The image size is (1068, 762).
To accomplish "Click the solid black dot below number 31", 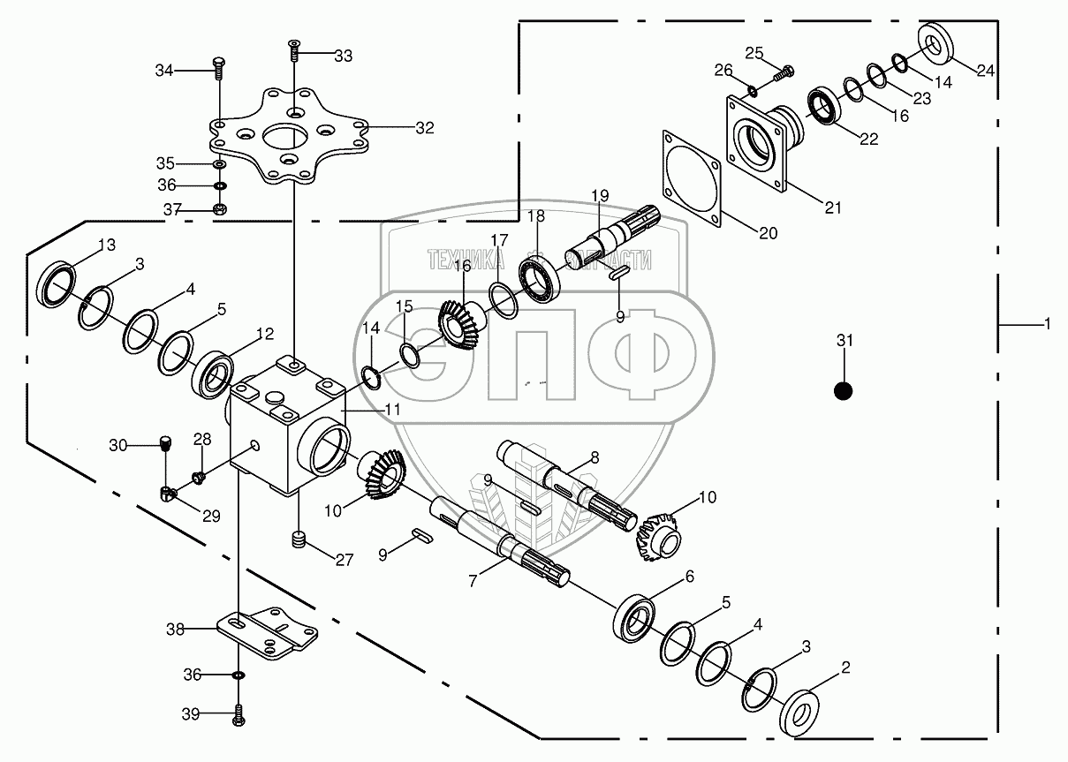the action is click(x=844, y=391).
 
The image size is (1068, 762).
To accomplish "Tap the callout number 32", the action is click(x=425, y=128).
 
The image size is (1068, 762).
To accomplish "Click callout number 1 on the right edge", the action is click(x=1048, y=325).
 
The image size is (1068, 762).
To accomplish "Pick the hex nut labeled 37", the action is click(x=220, y=208).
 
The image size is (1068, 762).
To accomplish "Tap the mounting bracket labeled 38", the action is click(x=268, y=633).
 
